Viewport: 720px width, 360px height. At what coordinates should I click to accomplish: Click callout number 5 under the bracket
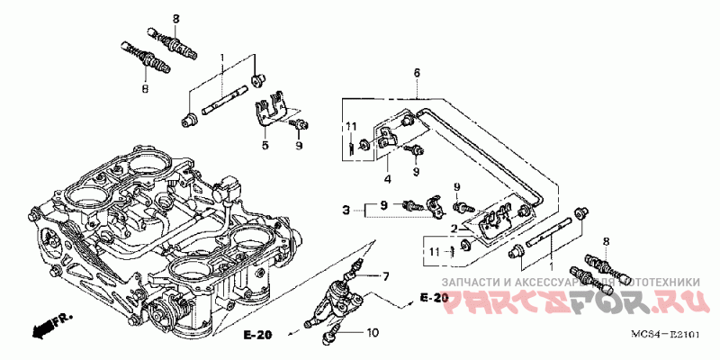tap(265, 144)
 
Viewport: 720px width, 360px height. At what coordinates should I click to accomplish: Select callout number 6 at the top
tap(417, 72)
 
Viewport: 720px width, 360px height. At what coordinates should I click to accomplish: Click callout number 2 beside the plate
tap(456, 228)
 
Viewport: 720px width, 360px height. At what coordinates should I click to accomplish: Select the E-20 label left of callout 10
tap(257, 335)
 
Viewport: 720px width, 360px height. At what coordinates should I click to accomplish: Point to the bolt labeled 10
tap(330, 337)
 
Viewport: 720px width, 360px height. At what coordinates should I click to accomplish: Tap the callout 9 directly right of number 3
tap(383, 205)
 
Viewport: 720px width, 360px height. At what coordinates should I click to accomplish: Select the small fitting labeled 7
tap(357, 267)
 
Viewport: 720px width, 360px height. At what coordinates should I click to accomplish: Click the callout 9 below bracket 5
tap(299, 144)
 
